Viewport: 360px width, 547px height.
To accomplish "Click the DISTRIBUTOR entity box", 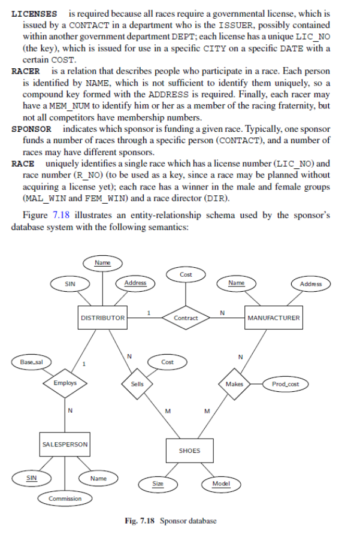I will click(x=102, y=318).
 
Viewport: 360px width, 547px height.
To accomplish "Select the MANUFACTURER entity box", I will click(x=274, y=318).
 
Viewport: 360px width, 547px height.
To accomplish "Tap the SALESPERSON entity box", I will click(x=65, y=444).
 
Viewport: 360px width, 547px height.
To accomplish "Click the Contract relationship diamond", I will click(x=186, y=318).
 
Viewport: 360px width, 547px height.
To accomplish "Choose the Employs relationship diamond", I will click(x=65, y=383).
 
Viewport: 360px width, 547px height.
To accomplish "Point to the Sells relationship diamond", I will click(x=137, y=383).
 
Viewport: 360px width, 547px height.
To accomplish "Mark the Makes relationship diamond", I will click(x=234, y=383).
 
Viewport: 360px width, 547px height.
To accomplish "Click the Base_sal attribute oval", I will click(x=27, y=362).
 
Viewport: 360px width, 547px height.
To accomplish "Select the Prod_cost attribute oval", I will click(x=286, y=383).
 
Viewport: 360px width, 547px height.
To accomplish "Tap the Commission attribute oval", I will click(x=65, y=498).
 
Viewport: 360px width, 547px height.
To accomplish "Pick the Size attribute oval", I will click(x=158, y=483).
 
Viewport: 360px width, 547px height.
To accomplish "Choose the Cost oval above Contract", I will click(x=186, y=274).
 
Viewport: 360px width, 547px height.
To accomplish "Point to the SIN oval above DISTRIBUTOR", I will click(x=70, y=283).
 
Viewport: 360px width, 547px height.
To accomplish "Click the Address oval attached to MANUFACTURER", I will click(x=311, y=283).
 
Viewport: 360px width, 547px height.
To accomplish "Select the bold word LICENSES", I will click(x=35, y=13).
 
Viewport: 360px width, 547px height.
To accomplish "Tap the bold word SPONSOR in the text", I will click(x=31, y=129).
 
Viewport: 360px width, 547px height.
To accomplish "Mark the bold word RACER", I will click(x=26, y=71).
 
